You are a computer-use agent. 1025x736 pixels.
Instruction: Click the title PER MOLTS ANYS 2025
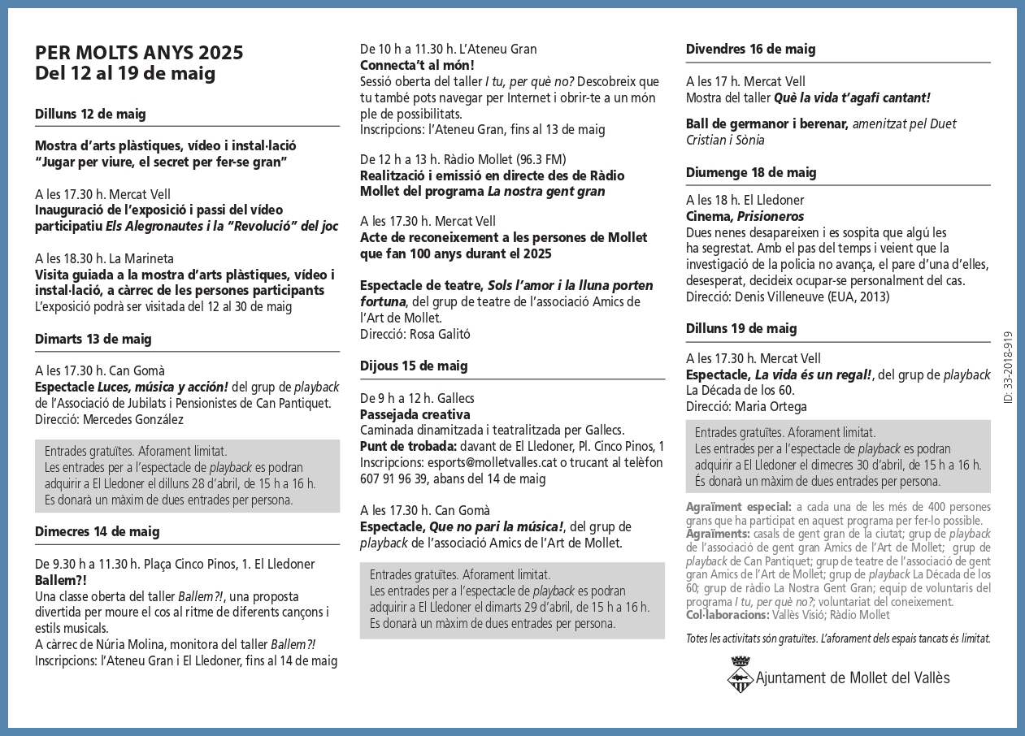[139, 53]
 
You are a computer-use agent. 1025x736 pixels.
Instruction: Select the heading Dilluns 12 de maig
[90, 114]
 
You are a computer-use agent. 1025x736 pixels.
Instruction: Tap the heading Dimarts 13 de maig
[93, 339]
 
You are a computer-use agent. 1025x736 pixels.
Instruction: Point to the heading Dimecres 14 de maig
[97, 531]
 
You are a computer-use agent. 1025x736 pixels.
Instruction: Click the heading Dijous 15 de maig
[414, 366]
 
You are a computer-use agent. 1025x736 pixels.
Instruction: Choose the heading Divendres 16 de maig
[750, 49]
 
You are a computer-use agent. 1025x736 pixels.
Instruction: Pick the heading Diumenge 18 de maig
[751, 172]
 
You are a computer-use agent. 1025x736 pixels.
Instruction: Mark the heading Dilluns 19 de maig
[741, 328]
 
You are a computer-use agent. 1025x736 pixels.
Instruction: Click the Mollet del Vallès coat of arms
[739, 676]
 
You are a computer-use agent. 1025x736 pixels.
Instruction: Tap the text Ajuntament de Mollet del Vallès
[853, 678]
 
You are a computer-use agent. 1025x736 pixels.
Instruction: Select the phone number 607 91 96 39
[393, 478]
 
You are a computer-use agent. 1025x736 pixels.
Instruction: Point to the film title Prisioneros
[771, 216]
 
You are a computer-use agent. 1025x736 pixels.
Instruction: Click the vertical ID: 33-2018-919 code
[1008, 368]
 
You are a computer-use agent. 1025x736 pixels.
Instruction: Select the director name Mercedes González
[133, 419]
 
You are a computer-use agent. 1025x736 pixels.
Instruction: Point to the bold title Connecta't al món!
[417, 65]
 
